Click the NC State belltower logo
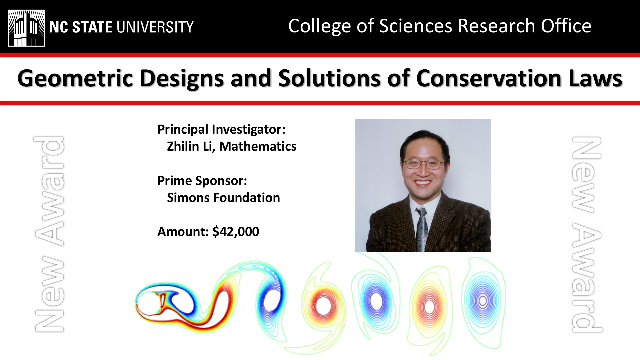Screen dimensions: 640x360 pos(27,28)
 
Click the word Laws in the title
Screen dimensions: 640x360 pos(596,78)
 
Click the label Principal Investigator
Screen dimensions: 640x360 pos(221,130)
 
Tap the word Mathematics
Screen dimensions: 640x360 pos(258,146)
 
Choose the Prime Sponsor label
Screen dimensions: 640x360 pos(202,181)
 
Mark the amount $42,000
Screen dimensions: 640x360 pos(236,232)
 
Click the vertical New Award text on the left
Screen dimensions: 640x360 pos(49,234)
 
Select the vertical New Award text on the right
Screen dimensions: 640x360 pos(587,234)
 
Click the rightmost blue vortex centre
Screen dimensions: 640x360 pos(482,301)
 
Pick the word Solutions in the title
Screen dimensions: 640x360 pos(329,78)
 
